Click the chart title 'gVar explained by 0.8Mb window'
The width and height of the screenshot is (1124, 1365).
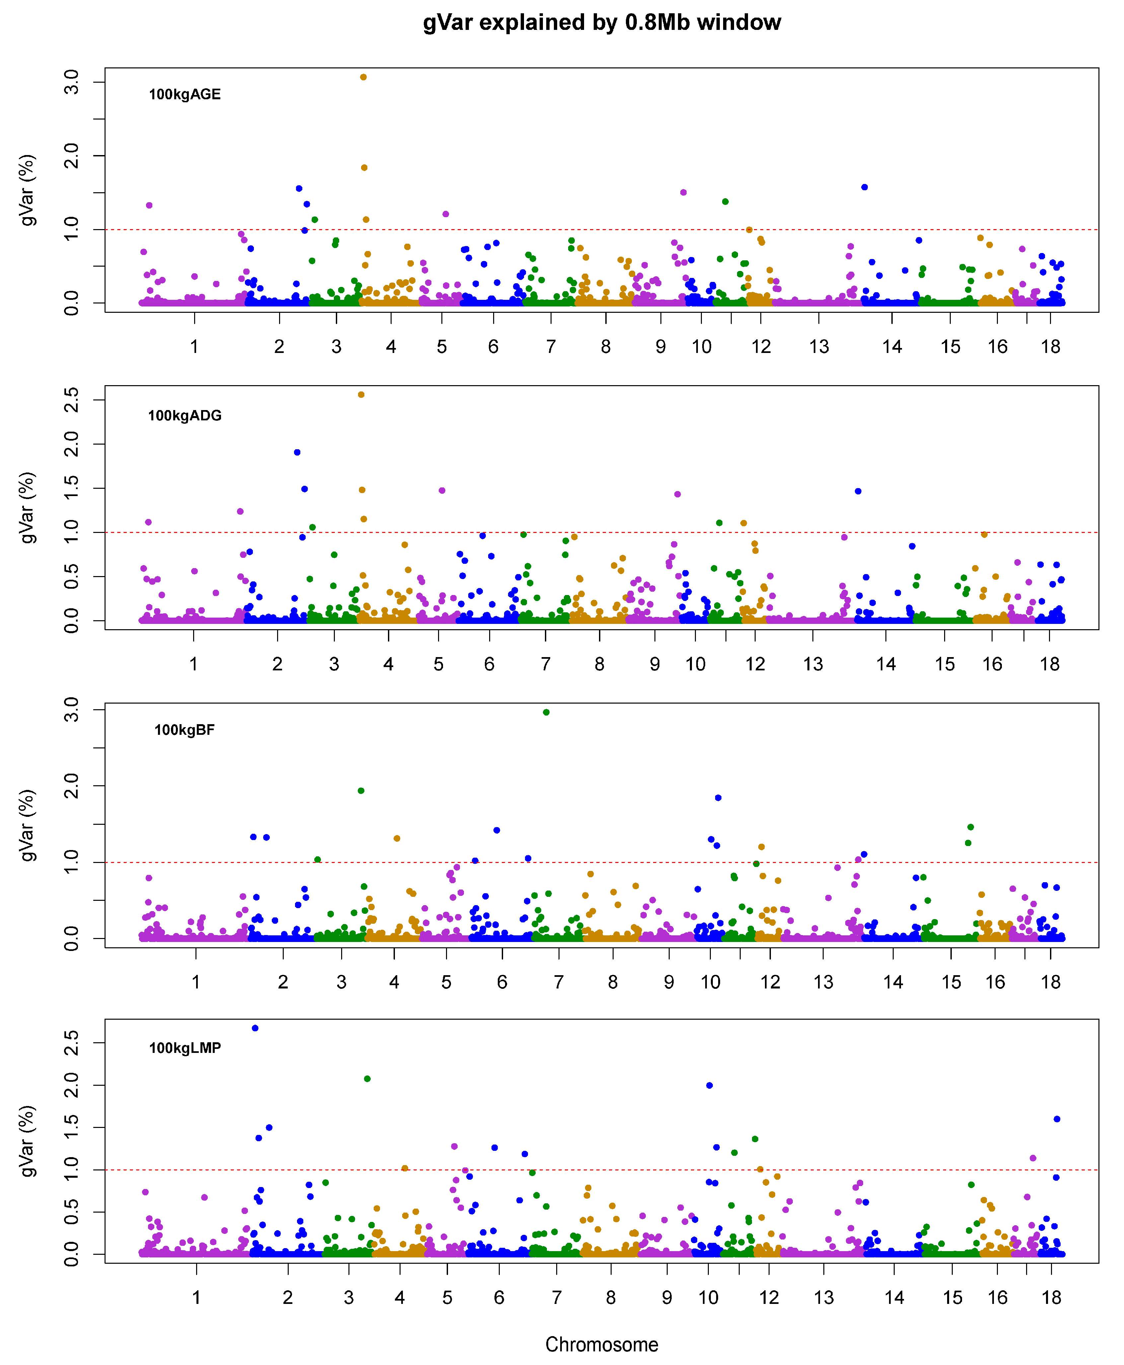(x=602, y=23)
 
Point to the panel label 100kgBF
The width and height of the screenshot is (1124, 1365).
(x=185, y=730)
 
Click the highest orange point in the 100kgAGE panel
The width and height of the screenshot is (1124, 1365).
(x=363, y=77)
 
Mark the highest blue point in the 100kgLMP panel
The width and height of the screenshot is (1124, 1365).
(x=255, y=1028)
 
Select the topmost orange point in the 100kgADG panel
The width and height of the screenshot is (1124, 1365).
(x=361, y=394)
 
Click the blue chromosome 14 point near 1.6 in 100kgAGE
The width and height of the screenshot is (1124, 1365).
(x=864, y=187)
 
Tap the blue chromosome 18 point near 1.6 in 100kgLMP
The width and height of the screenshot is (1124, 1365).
(x=1057, y=1119)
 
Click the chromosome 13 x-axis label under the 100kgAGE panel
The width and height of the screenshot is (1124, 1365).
(x=819, y=347)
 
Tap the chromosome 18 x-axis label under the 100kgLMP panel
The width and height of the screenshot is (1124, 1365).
(x=1051, y=1298)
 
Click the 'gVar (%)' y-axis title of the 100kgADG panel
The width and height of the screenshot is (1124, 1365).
(x=27, y=508)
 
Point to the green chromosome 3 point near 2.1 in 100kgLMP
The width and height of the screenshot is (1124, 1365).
(x=367, y=1079)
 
